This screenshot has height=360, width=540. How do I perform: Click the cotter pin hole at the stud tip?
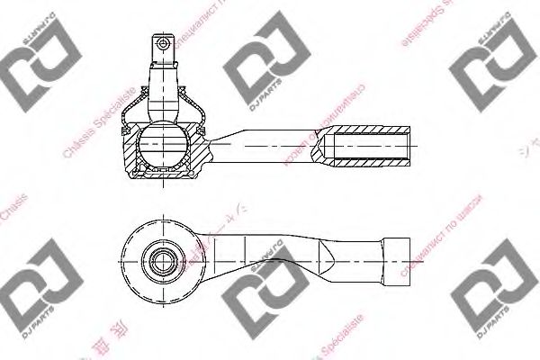[x=163, y=41]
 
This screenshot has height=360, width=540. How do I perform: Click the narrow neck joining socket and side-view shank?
[x=216, y=143]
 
